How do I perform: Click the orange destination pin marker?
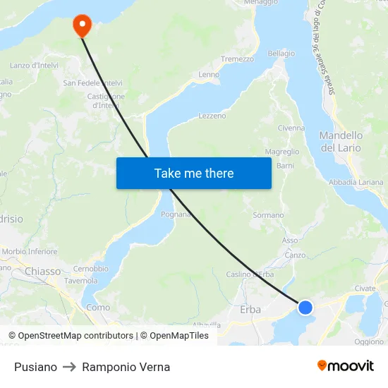(x=83, y=26)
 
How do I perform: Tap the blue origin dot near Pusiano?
(x=305, y=307)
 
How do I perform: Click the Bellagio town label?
(x=281, y=54)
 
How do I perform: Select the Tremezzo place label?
(x=237, y=59)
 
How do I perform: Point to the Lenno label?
(x=210, y=75)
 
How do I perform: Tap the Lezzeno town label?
(x=212, y=116)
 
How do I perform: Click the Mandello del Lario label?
(x=341, y=142)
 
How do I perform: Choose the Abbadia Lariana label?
(x=356, y=182)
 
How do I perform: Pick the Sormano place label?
(x=268, y=215)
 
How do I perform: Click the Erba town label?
(x=250, y=310)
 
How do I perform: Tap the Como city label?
(x=98, y=308)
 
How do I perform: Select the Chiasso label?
(x=42, y=271)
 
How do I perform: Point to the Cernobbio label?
(x=90, y=269)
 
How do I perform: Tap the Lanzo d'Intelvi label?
(x=34, y=66)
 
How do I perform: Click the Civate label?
(x=365, y=289)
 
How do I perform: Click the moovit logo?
(x=345, y=366)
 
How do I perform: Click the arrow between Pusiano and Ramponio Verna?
(x=69, y=367)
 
